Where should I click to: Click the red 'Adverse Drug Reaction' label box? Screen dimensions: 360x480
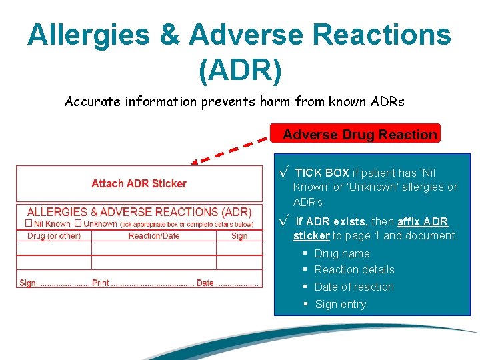359,135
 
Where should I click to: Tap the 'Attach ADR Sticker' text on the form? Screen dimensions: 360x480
139,183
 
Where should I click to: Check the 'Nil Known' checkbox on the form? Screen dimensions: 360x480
29,223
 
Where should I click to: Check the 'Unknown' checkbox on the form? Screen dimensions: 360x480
78,223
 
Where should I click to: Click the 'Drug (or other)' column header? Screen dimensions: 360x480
53,235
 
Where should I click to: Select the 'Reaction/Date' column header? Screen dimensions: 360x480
154,235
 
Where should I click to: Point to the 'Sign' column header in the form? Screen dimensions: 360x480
239,235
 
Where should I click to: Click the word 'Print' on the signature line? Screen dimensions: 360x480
100,283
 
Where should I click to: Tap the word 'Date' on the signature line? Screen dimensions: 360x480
205,283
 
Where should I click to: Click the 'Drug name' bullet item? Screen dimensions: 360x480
341,253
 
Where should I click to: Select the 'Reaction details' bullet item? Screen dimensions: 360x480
354,269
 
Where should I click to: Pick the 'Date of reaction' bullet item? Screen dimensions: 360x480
354,287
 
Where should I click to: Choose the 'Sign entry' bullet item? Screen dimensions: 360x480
340,304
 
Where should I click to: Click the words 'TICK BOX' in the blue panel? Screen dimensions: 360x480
322,173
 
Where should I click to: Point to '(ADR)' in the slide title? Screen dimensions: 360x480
240,70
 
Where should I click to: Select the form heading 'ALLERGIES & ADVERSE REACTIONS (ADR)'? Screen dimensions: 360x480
139,212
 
